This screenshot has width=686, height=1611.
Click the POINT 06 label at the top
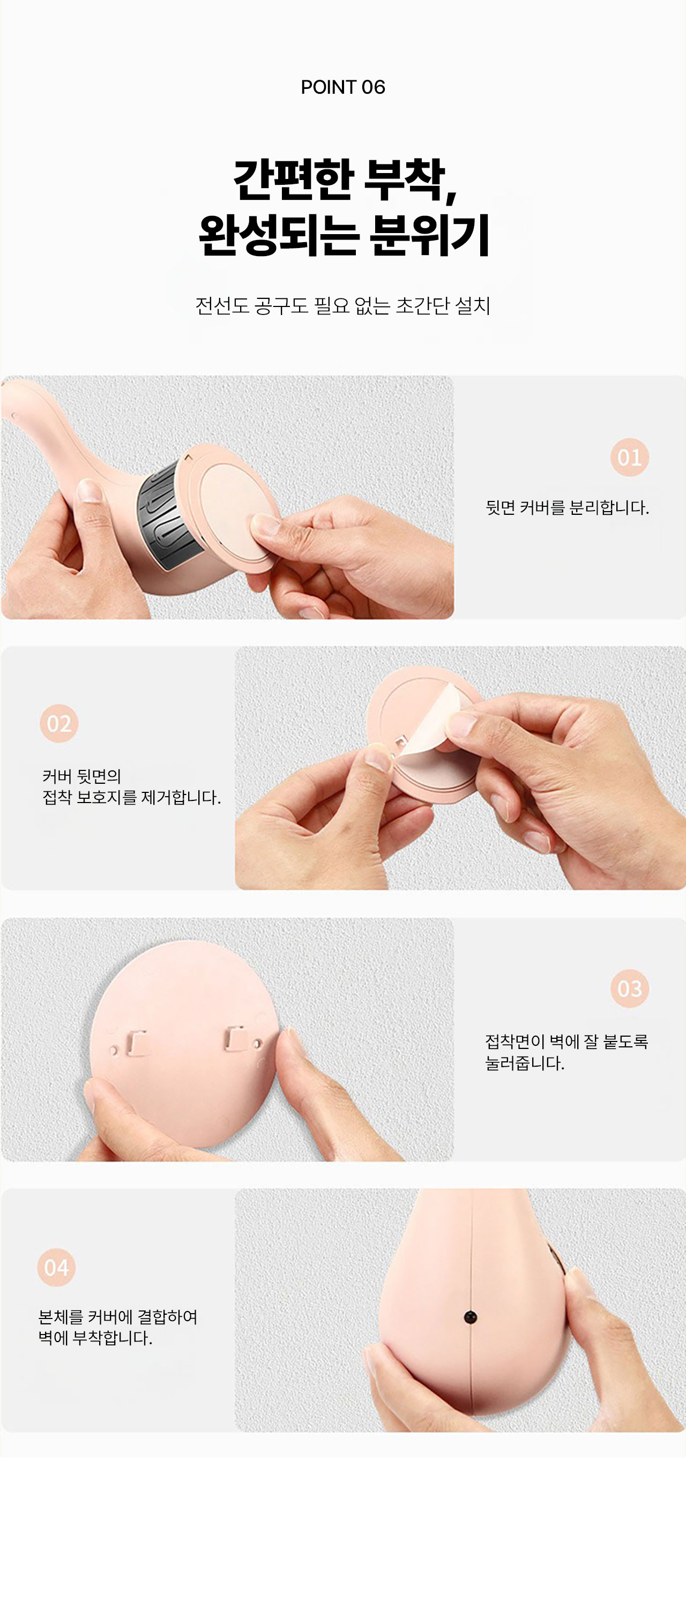pyautogui.click(x=342, y=87)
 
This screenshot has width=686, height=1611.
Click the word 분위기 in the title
pyautogui.click(x=429, y=235)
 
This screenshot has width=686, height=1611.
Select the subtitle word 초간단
pyautogui.click(x=423, y=306)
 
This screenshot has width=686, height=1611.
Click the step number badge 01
pyautogui.click(x=629, y=457)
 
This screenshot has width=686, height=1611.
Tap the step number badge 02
pyautogui.click(x=59, y=724)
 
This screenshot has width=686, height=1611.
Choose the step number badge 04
pyautogui.click(x=56, y=1268)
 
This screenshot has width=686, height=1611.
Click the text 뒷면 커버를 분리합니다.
pyautogui.click(x=567, y=508)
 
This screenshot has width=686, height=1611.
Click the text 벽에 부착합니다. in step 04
pyautogui.click(x=95, y=1338)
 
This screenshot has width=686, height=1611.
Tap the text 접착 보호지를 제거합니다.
pyautogui.click(x=131, y=798)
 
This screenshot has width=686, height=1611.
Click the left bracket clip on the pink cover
pyautogui.click(x=138, y=1043)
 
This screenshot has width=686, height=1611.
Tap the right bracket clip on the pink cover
pyautogui.click(x=236, y=1038)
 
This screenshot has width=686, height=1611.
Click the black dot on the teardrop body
pyautogui.click(x=470, y=1318)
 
